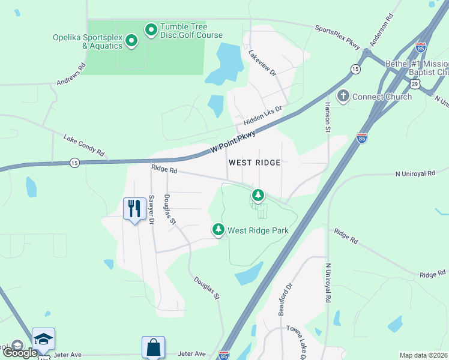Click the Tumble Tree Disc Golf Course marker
pos(151,29)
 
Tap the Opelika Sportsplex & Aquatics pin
pos(131,41)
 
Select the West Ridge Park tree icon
pos(218,229)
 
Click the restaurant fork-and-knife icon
pos(133,209)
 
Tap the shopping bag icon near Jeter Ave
pos(153,347)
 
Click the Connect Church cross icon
pos(343,96)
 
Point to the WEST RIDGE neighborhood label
pos(255,163)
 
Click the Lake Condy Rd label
pos(84,146)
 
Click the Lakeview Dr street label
pos(261,62)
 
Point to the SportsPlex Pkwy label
pos(337,37)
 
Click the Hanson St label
pos(328,116)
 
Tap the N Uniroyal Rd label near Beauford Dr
pos(328,282)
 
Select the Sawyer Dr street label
pos(151,210)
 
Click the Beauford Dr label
pos(285,299)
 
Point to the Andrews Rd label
pos(71,74)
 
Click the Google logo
pos(20,352)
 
